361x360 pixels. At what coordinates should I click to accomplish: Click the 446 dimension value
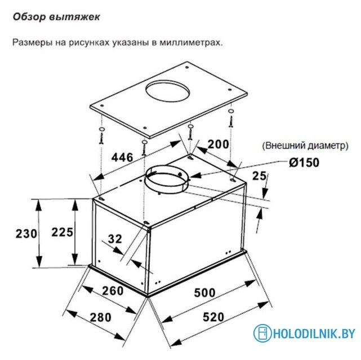pyautogui.click(x=122, y=157)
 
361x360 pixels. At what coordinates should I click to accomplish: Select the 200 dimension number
pyautogui.click(x=219, y=144)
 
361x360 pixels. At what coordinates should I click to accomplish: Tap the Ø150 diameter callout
pyautogui.click(x=304, y=163)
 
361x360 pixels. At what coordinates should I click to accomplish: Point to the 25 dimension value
pyautogui.click(x=259, y=176)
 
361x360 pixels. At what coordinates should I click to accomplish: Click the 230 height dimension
pyautogui.click(x=26, y=234)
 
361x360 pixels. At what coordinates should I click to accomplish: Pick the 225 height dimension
pyautogui.click(x=62, y=232)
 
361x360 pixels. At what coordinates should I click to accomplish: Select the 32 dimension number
pyautogui.click(x=115, y=239)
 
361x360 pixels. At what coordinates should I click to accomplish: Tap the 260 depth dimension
pyautogui.click(x=113, y=291)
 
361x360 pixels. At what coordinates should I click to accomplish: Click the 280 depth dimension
pyautogui.click(x=101, y=317)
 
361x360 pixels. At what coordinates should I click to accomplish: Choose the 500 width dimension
pyautogui.click(x=204, y=292)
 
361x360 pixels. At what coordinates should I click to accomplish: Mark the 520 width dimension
pyautogui.click(x=213, y=317)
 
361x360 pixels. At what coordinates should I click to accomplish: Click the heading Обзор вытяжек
pyautogui.click(x=56, y=17)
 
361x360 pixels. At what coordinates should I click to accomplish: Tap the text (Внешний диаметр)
pyautogui.click(x=305, y=146)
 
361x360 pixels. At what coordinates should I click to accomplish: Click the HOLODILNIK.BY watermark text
pyautogui.click(x=314, y=333)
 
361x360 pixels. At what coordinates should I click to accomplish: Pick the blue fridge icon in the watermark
pyautogui.click(x=262, y=333)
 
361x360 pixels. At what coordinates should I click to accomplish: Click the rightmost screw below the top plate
pyautogui.click(x=231, y=118)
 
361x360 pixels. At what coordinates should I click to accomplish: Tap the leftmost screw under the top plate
pyautogui.click(x=102, y=136)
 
